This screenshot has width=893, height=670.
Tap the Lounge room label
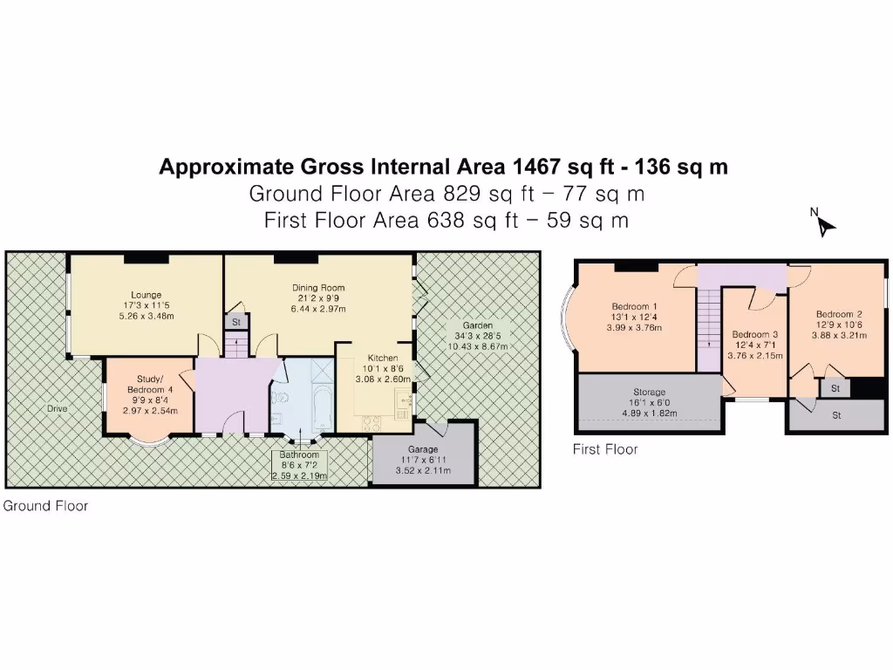pyautogui.click(x=142, y=295)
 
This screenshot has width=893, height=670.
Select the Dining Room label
pyautogui.click(x=317, y=287)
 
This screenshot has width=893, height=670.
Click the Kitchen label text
pyautogui.click(x=383, y=358)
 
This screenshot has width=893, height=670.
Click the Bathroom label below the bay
pyautogui.click(x=299, y=455)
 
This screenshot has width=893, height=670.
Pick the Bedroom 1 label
pyautogui.click(x=634, y=306)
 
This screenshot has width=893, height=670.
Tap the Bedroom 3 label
pyautogui.click(x=754, y=334)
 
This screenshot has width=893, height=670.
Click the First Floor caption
pyautogui.click(x=604, y=450)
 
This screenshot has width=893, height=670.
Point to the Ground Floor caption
pyautogui.click(x=46, y=506)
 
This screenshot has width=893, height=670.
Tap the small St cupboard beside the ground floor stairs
pyautogui.click(x=235, y=323)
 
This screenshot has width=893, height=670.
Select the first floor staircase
pyautogui.click(x=708, y=331)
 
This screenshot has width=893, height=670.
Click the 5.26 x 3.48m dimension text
pyautogui.click(x=142, y=316)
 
